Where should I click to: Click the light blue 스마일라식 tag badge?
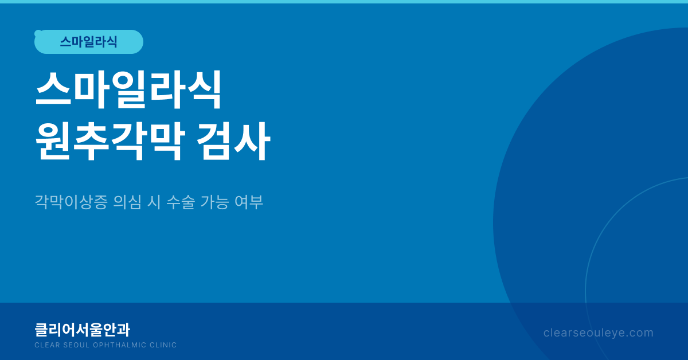tap(89, 42)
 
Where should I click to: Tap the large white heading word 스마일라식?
tap(128, 89)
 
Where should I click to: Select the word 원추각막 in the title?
tap(111, 141)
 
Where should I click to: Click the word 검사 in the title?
tap(233, 141)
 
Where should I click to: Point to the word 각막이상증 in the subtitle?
tap(71, 202)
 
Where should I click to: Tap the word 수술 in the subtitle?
tap(181, 202)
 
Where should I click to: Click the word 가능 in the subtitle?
tap(214, 202)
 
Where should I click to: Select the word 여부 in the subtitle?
tap(249, 202)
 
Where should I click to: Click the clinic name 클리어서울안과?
tap(83, 330)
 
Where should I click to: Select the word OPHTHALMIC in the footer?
tap(120, 345)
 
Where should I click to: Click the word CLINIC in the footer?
tap(163, 345)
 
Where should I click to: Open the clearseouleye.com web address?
tap(599, 333)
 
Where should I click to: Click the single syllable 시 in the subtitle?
tap(154, 202)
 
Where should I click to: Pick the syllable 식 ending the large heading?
tap(205, 89)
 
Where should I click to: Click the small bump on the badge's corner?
tap(37, 33)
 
